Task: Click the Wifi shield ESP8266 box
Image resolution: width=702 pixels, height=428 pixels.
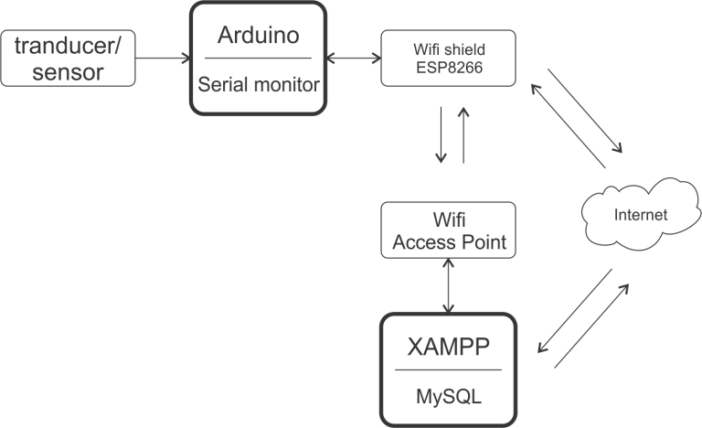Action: (448, 58)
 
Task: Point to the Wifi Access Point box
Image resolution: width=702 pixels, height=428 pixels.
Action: (448, 230)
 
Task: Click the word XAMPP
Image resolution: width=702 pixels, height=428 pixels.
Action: (448, 348)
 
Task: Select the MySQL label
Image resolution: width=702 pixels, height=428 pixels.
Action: (448, 398)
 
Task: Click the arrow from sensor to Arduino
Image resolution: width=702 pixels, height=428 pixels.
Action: (164, 59)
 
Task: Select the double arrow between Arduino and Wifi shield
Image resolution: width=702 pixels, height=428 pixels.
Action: (352, 58)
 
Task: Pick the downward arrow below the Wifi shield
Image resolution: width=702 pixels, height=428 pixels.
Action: (441, 134)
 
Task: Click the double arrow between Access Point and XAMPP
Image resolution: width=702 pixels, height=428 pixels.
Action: (448, 285)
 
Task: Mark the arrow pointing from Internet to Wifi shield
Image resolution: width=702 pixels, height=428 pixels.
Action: (567, 123)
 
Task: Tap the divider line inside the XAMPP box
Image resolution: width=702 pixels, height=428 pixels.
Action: (448, 370)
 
